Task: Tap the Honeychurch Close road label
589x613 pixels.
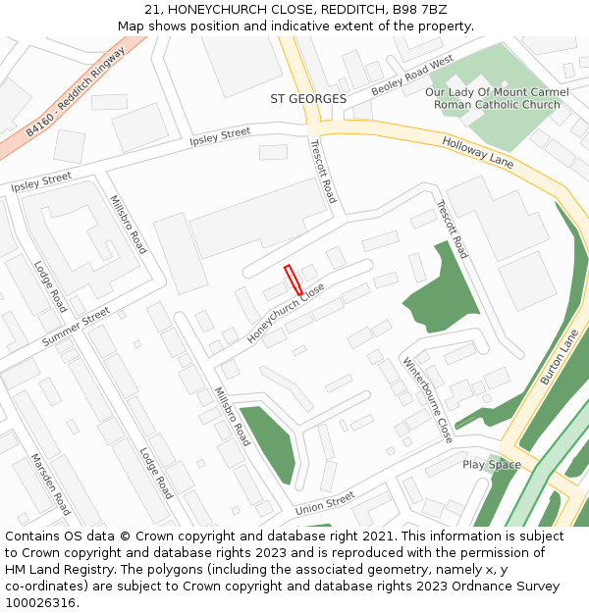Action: (286, 313)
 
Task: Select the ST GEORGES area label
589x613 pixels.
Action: (308, 99)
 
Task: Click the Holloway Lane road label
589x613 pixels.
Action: (478, 152)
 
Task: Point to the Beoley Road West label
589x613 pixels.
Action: (412, 76)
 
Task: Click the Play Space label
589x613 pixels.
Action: (491, 464)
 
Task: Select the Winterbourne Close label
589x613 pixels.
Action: (428, 399)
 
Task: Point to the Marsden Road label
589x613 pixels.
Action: (50, 485)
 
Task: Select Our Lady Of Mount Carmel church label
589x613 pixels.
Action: (492, 98)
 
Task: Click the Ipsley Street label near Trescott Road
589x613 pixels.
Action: (221, 138)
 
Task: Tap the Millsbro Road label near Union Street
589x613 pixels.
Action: (232, 416)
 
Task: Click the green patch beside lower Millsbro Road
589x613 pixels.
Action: (270, 443)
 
